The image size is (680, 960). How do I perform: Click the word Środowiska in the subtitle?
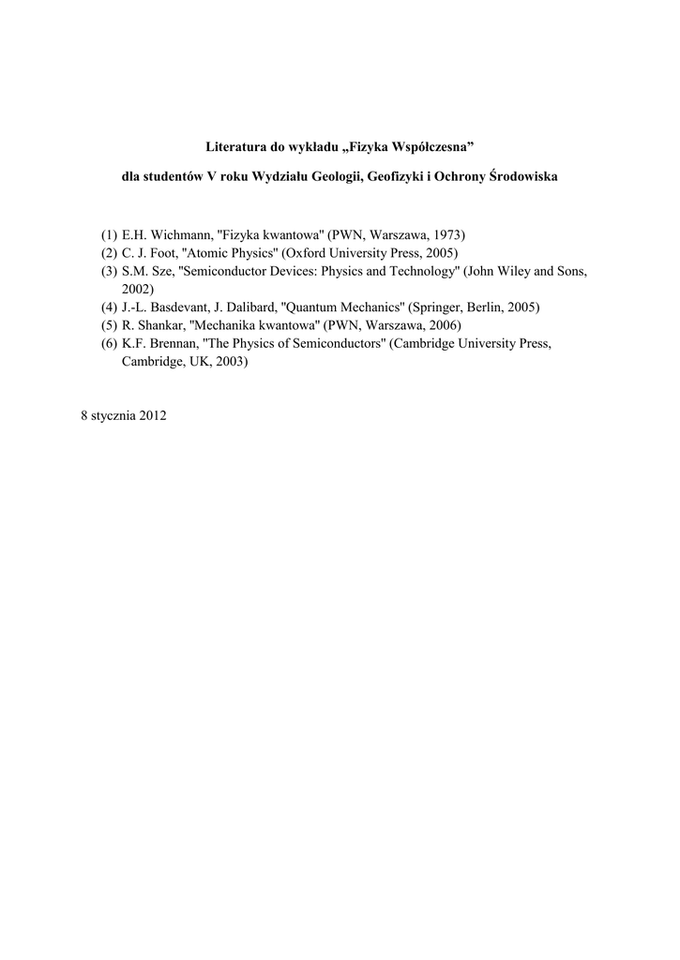pyautogui.click(x=523, y=178)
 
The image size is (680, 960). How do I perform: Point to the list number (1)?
pyautogui.click(x=110, y=233)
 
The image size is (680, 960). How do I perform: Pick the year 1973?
pyautogui.click(x=446, y=233)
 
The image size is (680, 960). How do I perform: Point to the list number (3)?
pyautogui.click(x=110, y=271)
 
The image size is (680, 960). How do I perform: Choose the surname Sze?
pyautogui.click(x=162, y=271)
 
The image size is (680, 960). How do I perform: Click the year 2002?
pyautogui.click(x=137, y=289)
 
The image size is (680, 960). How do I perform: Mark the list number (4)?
pyautogui.click(x=110, y=307)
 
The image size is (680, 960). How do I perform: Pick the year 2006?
pyautogui.click(x=443, y=325)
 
